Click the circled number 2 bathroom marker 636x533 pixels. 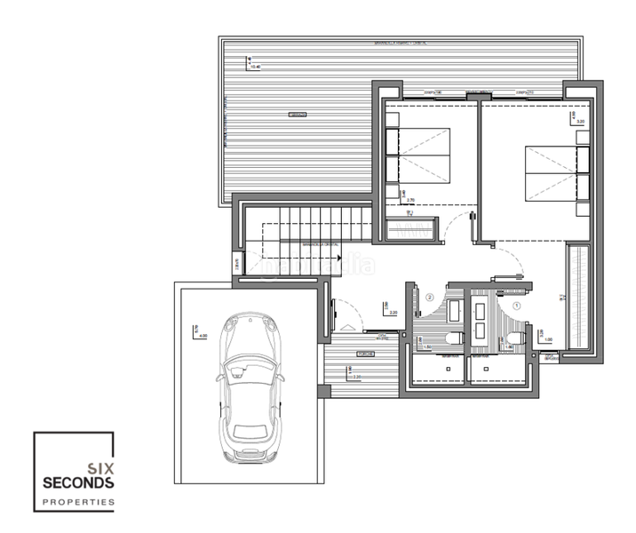pyautogui.click(x=429, y=298)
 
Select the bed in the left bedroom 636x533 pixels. pyautogui.click(x=417, y=155)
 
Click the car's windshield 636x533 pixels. pyautogui.click(x=248, y=374)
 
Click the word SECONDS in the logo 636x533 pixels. pyautogui.click(x=78, y=482)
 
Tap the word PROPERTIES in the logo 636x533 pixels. pyautogui.click(x=78, y=502)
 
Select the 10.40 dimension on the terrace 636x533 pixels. pyautogui.click(x=256, y=66)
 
